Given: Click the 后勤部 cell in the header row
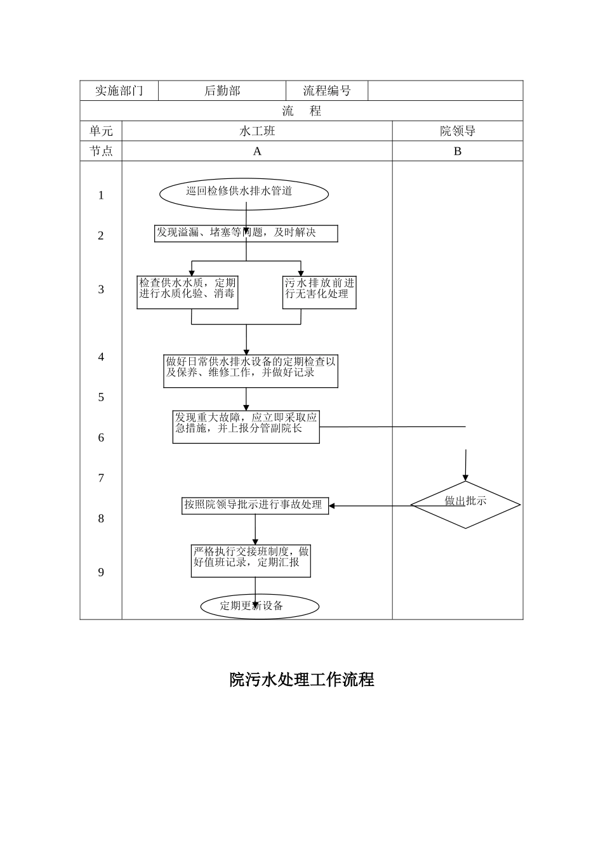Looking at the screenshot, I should [222, 91].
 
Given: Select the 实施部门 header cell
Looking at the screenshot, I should [119, 91].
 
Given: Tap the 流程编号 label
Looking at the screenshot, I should [327, 91].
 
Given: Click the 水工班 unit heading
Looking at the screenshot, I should [257, 131].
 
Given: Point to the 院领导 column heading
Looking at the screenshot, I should [458, 131].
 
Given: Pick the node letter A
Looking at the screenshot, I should [257, 151].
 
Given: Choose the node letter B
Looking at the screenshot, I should [458, 151].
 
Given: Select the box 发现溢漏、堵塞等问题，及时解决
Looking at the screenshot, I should [246, 234].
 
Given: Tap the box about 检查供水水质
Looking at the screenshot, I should [187, 292].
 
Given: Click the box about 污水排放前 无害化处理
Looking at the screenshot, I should [319, 292].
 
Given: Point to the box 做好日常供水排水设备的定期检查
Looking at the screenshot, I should [251, 371].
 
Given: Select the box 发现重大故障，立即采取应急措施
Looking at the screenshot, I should [246, 426].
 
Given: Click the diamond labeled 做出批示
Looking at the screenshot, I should [465, 505].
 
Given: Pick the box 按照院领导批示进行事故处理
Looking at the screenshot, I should [255, 505].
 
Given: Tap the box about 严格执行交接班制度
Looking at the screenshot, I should [251, 560].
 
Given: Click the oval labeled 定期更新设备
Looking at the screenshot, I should [260, 606].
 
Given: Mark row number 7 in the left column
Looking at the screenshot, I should [101, 479].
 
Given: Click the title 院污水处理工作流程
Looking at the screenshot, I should [301, 680].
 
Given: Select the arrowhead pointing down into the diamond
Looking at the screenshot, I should [465, 477].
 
